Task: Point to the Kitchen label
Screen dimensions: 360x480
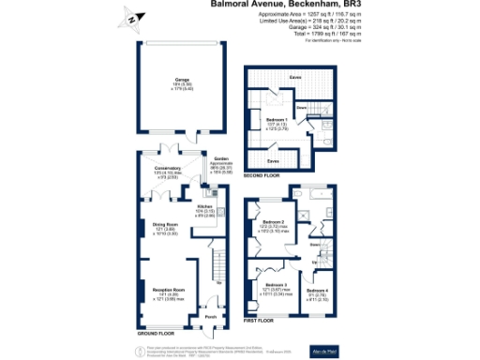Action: (205, 208)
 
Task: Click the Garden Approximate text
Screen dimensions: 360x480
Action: (221, 164)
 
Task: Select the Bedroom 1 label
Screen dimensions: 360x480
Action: (276, 121)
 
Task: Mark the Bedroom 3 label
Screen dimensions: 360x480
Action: (275, 284)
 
